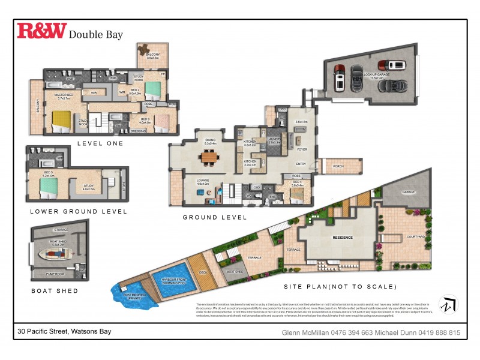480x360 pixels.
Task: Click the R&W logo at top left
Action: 41,31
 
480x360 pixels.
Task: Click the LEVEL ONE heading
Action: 100,143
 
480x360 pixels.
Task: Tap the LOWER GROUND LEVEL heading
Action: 79,211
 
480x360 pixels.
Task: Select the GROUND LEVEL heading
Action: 215,217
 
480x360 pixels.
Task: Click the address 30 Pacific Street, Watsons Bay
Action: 64,331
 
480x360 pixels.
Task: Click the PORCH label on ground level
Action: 340,167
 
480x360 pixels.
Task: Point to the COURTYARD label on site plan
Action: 416,237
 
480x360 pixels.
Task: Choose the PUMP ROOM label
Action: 55,274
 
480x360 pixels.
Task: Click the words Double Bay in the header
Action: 96,34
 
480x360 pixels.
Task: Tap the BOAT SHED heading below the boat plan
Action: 55,290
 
